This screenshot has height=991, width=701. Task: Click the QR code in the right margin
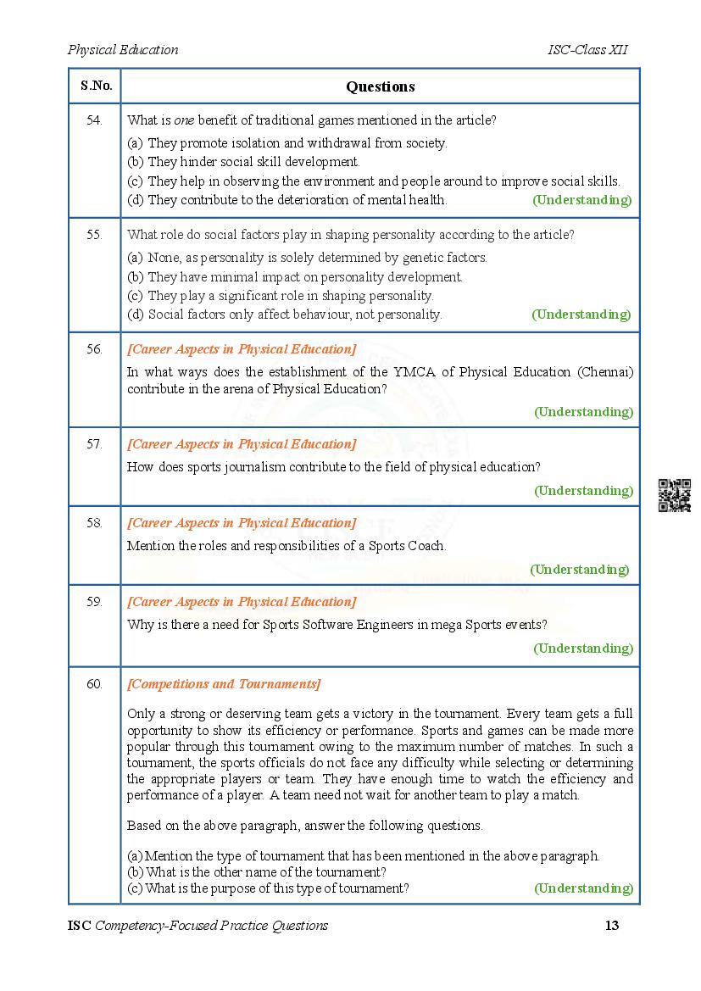675,495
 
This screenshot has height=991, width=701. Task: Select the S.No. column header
94,86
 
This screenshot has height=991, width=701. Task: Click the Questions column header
380,86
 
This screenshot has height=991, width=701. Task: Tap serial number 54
94,120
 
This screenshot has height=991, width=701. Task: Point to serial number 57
94,443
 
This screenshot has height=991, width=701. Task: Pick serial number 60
94,683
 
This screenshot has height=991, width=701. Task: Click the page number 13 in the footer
612,925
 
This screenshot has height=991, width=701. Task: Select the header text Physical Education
123,49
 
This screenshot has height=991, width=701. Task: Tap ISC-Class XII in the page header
587,49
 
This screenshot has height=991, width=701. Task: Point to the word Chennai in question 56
607,371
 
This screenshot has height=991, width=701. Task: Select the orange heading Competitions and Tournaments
224,684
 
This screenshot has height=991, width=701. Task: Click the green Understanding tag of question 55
581,315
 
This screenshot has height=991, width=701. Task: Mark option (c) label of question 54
135,181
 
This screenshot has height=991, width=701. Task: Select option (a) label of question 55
135,257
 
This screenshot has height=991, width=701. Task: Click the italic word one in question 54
184,120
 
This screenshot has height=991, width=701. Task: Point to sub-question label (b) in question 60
135,871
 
